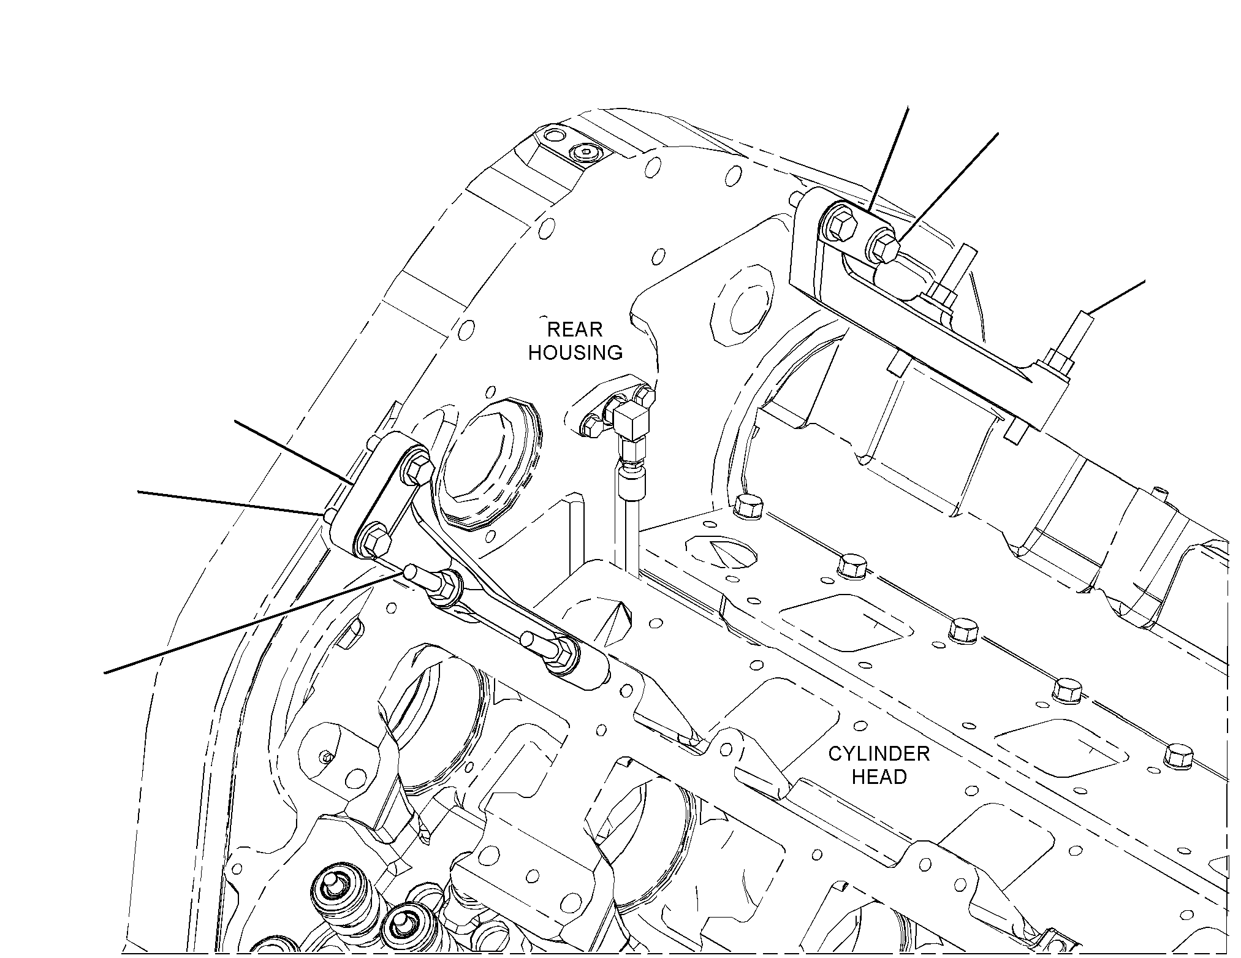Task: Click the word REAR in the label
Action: point(574,329)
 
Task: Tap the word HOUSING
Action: point(575,352)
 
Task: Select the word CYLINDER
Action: point(879,753)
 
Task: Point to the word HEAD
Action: point(879,777)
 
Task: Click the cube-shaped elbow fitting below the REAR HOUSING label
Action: point(631,421)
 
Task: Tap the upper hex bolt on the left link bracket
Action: point(417,468)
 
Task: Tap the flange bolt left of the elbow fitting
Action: point(590,424)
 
